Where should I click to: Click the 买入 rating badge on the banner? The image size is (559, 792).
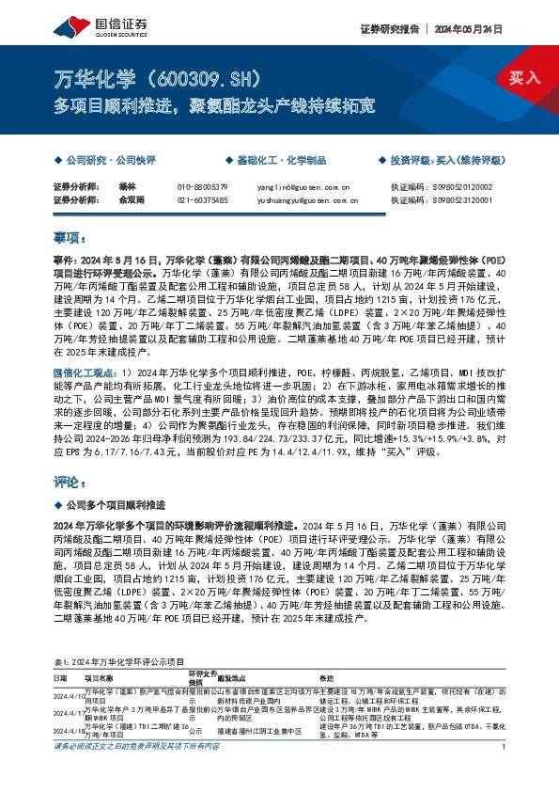[x=524, y=77]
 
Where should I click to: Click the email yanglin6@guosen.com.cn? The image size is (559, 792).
[x=303, y=188]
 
